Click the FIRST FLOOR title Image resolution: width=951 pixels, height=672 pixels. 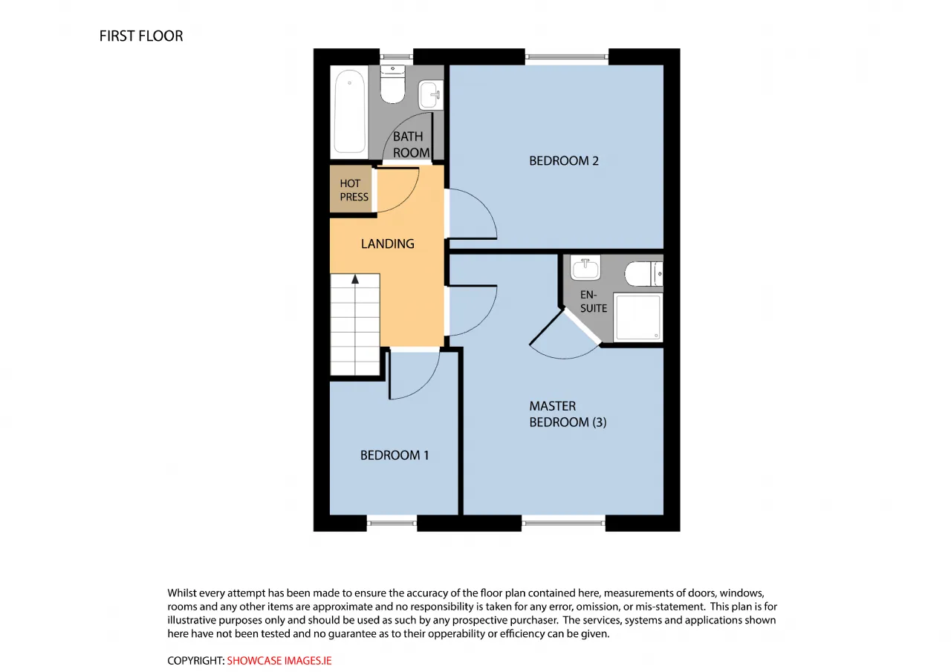[x=141, y=36]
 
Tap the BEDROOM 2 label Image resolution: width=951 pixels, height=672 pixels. [x=564, y=161]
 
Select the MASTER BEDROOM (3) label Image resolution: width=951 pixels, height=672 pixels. [x=568, y=414]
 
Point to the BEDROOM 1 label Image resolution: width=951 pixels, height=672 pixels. [x=395, y=455]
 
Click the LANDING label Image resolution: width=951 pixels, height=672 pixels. [x=388, y=244]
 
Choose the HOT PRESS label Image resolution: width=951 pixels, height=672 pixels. [x=354, y=190]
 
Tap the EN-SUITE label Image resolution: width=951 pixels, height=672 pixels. [x=594, y=301]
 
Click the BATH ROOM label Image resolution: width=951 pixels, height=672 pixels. [x=411, y=144]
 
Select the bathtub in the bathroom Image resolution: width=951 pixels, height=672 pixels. [x=349, y=111]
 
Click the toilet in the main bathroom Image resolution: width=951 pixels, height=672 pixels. [x=392, y=84]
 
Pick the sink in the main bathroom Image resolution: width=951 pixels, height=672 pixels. [x=430, y=95]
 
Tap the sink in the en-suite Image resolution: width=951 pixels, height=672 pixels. [x=585, y=267]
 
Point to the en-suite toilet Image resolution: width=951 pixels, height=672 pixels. [x=643, y=274]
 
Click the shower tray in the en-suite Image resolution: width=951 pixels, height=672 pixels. [x=637, y=317]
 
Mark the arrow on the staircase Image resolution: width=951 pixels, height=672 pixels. [x=355, y=278]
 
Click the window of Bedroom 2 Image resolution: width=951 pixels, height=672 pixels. [x=567, y=56]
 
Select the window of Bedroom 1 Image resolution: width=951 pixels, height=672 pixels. [x=392, y=523]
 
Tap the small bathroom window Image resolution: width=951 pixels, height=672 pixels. [x=396, y=56]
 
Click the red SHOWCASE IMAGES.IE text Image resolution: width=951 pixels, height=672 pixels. [x=279, y=661]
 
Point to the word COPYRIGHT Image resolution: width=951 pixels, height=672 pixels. [x=195, y=661]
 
